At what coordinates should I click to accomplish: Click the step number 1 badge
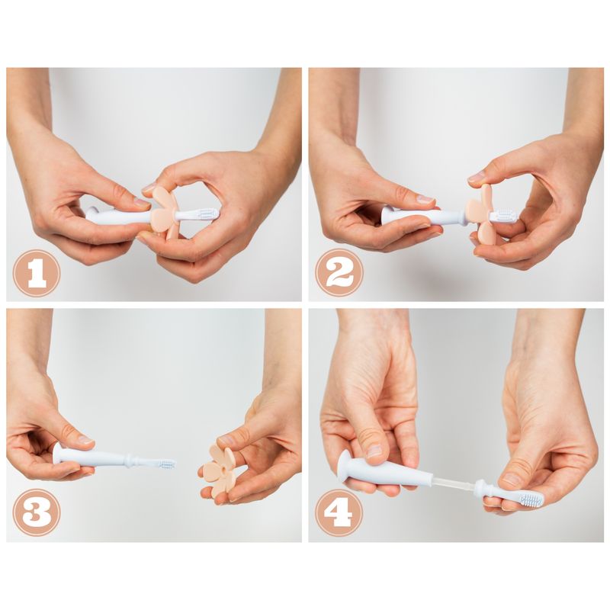(37, 273)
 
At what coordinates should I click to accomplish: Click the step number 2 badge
(339, 273)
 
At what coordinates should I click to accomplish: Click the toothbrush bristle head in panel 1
(204, 214)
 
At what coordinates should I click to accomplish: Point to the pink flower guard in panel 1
(164, 210)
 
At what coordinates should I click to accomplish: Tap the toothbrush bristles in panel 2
(503, 217)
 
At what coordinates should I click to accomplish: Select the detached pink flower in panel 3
(221, 467)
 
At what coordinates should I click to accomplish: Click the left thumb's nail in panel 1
(142, 204)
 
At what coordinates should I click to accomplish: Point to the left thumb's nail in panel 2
(425, 200)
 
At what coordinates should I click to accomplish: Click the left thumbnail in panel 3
(84, 440)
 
